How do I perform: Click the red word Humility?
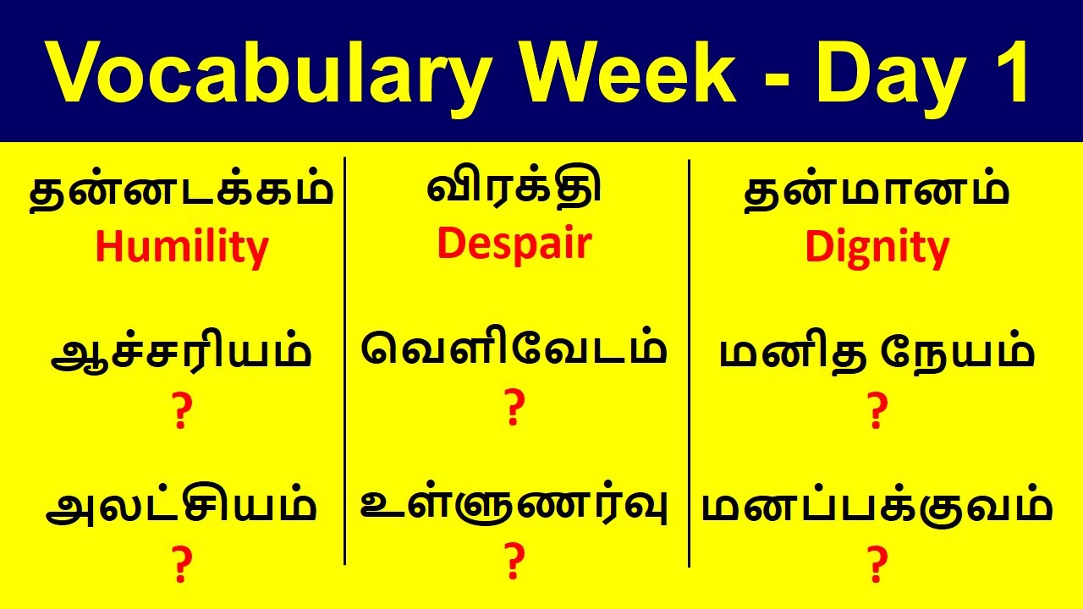[181, 247]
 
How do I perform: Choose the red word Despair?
[514, 244]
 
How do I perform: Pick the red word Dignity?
[877, 248]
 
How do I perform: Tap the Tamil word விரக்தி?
[514, 188]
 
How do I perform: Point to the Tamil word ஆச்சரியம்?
[181, 354]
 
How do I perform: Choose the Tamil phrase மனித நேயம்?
[877, 354]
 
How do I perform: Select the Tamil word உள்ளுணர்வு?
[514, 506]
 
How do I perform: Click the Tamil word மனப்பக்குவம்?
[877, 507]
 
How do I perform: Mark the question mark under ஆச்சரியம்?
[180, 412]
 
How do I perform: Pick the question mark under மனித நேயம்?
[877, 412]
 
